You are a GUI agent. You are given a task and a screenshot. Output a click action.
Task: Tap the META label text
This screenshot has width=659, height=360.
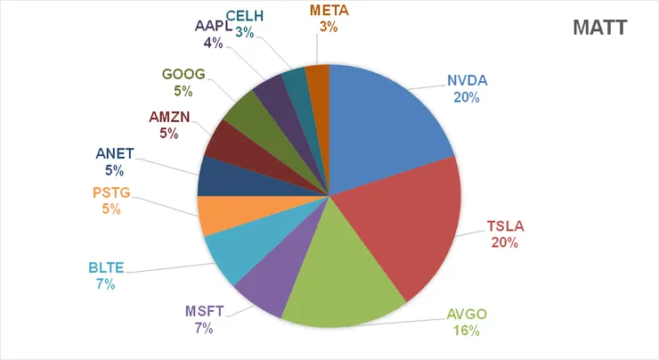coord(329,12)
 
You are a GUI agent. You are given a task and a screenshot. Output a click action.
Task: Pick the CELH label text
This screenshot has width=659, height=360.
coord(243,16)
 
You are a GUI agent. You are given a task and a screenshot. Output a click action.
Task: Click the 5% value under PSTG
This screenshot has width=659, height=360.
coord(111,209)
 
